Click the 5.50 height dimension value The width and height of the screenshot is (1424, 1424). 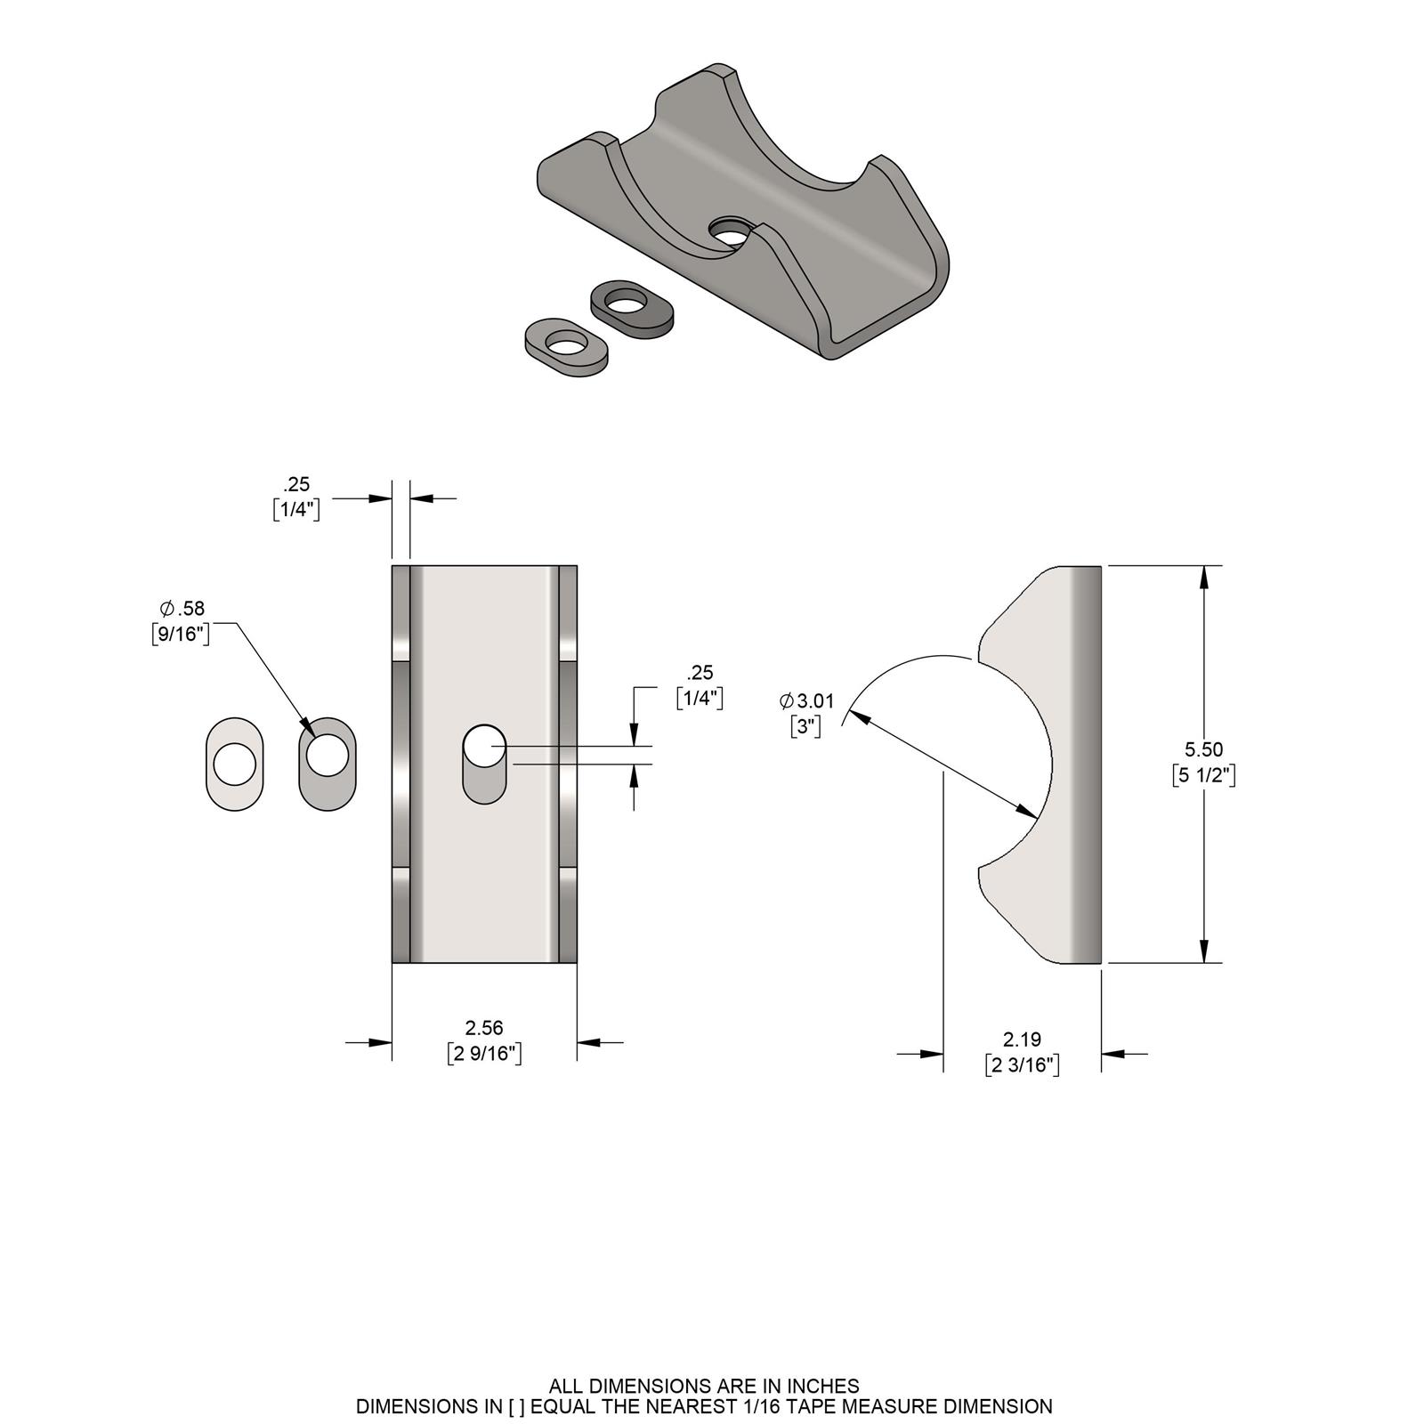(x=1203, y=749)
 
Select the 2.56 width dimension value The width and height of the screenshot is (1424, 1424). (x=483, y=1028)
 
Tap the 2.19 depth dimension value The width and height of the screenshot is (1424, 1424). (x=1022, y=1039)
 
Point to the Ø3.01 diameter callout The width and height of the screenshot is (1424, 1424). (x=807, y=701)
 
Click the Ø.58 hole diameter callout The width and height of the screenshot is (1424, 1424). (x=182, y=609)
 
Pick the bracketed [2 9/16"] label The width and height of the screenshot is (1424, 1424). (x=483, y=1054)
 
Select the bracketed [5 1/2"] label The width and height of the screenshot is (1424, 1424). (x=1203, y=775)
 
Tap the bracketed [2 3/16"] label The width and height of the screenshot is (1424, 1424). (x=1022, y=1064)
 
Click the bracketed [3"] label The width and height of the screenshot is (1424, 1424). (x=805, y=726)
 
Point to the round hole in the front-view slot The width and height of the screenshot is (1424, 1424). (x=484, y=746)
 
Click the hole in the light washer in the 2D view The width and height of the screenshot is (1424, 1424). (x=235, y=764)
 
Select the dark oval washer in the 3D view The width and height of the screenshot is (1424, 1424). (x=632, y=309)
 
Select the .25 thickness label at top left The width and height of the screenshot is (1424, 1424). (x=296, y=484)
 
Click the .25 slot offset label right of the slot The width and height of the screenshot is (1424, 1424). (x=700, y=673)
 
